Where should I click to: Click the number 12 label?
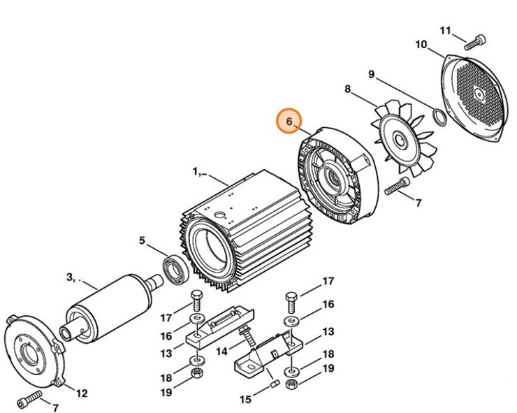click(82, 393)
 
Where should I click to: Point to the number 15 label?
click(245, 400)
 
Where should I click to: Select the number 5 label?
click(142, 241)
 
